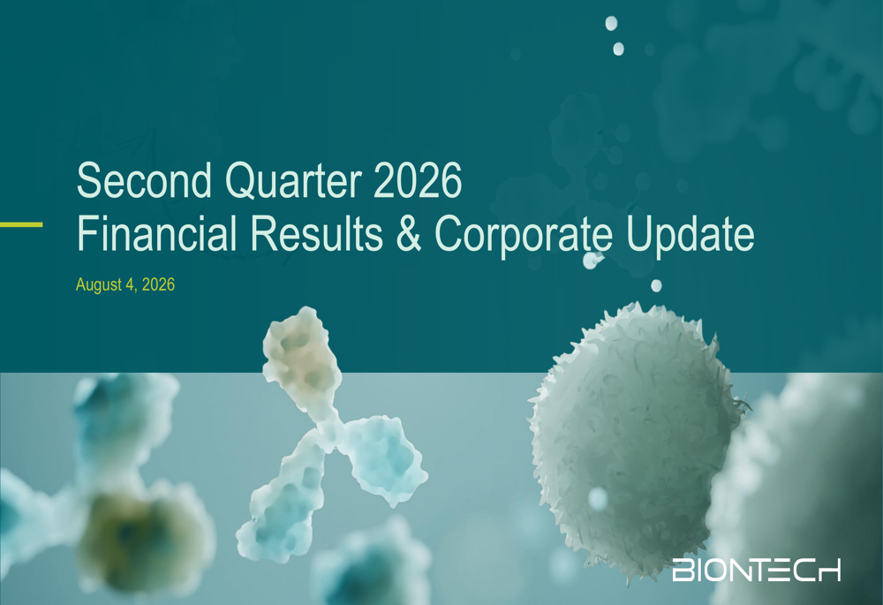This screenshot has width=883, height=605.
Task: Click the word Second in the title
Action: (x=144, y=180)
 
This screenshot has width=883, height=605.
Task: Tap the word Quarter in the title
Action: (x=293, y=181)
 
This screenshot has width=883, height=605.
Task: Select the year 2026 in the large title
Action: (x=418, y=180)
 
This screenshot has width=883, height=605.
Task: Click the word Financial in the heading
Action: (x=157, y=233)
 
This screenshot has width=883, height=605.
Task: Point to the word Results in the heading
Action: (x=317, y=233)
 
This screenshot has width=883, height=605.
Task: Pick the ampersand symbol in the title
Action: (x=409, y=233)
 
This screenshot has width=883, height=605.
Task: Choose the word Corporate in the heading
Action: (x=524, y=236)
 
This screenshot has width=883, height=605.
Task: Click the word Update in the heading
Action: (x=690, y=236)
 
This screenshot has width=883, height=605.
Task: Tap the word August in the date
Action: (x=99, y=285)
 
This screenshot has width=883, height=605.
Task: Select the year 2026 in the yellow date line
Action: (x=158, y=284)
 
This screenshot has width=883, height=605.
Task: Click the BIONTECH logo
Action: (x=757, y=570)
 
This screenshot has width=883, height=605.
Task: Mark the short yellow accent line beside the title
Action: (x=21, y=224)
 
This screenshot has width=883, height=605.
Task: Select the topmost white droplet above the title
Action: (x=611, y=24)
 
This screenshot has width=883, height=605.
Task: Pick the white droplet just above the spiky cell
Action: (x=656, y=285)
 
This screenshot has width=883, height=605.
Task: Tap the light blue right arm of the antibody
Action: (x=386, y=458)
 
